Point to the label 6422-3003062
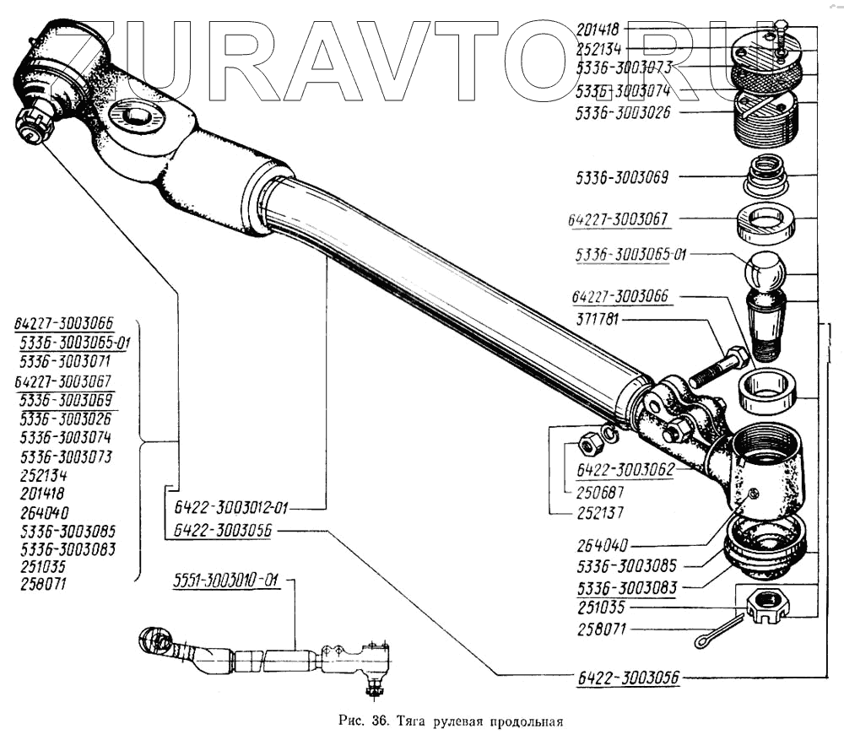625,470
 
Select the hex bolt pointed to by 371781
717,368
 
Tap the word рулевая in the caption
460,721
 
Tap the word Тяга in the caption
412,721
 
